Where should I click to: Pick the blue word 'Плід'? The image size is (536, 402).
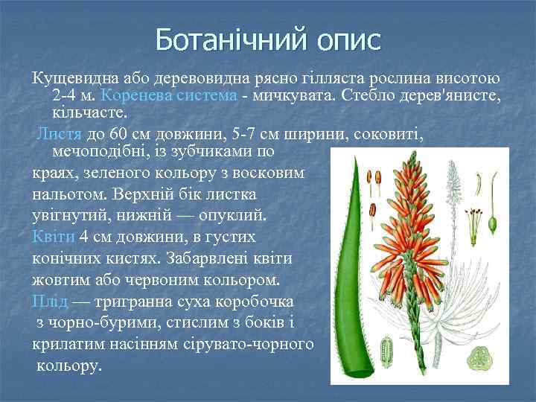click(50, 302)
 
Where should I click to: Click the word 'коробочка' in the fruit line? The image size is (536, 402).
click(257, 302)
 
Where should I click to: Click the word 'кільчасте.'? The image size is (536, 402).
click(90, 113)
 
